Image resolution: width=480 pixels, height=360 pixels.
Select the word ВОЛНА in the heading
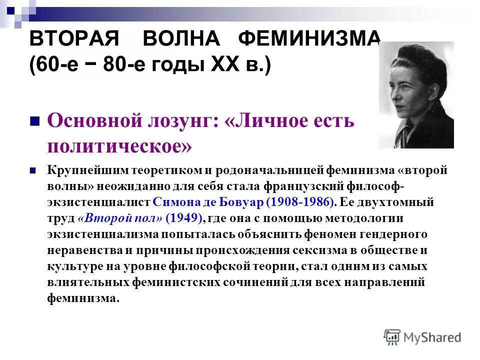[x=181, y=39]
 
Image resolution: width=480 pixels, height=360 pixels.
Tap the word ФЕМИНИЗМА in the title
[x=309, y=39]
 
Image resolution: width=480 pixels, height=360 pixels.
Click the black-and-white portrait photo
[x=416, y=95]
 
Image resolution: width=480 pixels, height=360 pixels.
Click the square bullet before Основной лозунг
[x=35, y=121]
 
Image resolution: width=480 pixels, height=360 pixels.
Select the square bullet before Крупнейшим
[x=33, y=170]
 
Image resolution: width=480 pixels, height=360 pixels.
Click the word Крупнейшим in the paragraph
[x=88, y=170]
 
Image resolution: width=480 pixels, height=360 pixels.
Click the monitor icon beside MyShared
[x=392, y=336]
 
